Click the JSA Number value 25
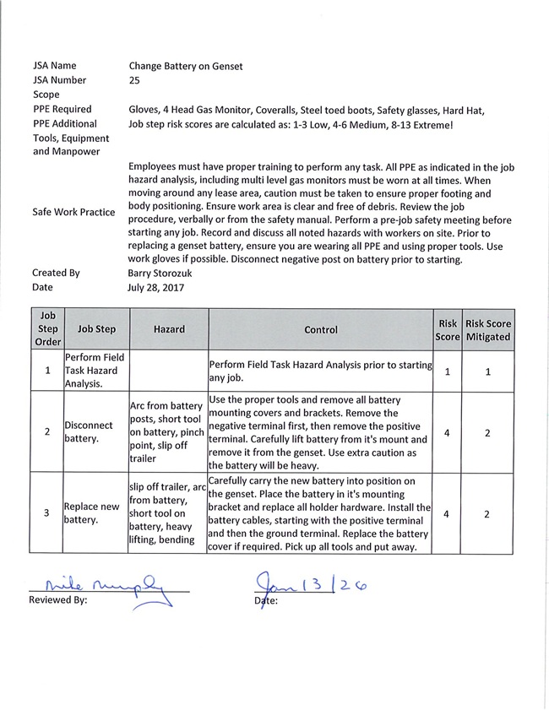tap(134, 79)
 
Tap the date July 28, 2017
tap(156, 287)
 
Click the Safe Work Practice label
tap(73, 212)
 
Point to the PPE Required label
tap(63, 109)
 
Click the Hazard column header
tap(169, 329)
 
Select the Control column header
tap(320, 329)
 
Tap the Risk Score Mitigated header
tap(487, 329)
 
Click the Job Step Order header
tap(47, 329)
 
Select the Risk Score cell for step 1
tap(446, 371)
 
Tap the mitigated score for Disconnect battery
tap(487, 432)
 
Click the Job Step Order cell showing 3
tap(47, 512)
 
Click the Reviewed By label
tap(58, 601)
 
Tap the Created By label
tap(56, 273)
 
